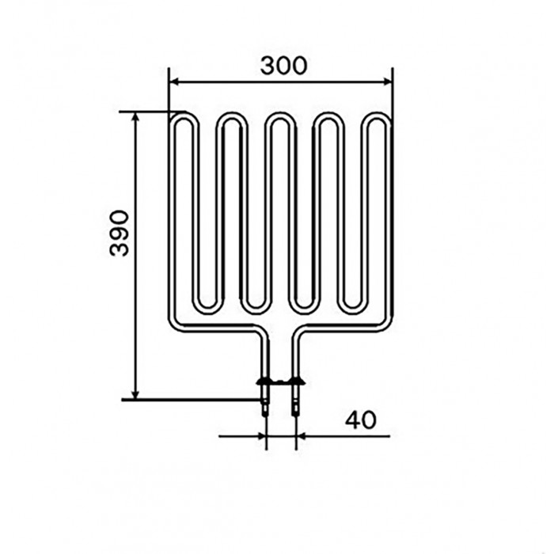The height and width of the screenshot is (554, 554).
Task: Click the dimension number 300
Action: pyautogui.click(x=283, y=66)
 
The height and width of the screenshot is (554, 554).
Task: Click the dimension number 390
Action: pyautogui.click(x=119, y=233)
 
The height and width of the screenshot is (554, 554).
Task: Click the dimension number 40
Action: pyautogui.click(x=361, y=420)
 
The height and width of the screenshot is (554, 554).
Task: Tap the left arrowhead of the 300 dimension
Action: pyautogui.click(x=174, y=82)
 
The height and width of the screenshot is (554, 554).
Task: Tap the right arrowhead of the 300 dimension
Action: pyautogui.click(x=388, y=82)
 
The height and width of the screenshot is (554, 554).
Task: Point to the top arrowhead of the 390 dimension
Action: pyautogui.click(x=135, y=117)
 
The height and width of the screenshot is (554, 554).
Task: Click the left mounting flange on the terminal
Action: pyautogui.click(x=264, y=381)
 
